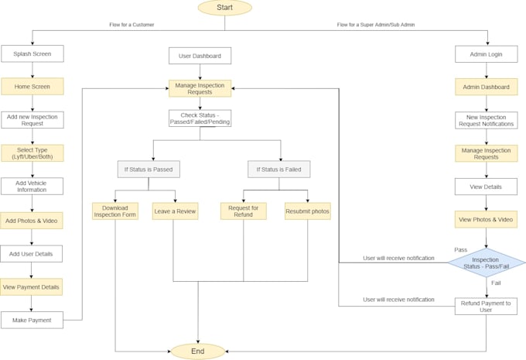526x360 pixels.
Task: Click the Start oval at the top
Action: [x=224, y=8]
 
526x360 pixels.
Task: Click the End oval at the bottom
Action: [x=198, y=351]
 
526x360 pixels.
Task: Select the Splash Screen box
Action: [x=32, y=53]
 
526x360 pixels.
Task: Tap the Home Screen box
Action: [x=32, y=87]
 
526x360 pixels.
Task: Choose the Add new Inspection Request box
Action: [x=32, y=119]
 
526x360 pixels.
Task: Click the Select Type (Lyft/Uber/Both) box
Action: [x=32, y=153]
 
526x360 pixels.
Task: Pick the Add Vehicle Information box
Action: [x=32, y=187]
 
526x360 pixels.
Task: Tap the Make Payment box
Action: [x=32, y=320]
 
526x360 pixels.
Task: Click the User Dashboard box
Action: [x=200, y=56]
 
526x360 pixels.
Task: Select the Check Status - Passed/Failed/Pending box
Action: [x=200, y=118]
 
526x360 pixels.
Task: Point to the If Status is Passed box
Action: [x=148, y=169]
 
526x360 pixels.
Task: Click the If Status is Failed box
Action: [x=278, y=169]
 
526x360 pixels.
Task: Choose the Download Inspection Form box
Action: [x=115, y=211]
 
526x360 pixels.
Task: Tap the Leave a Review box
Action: [x=175, y=211]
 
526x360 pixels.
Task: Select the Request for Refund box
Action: [x=244, y=211]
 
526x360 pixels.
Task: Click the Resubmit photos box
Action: [x=307, y=211]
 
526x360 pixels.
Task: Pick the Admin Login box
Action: [x=486, y=53]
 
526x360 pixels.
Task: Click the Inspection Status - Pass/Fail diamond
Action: [x=486, y=263]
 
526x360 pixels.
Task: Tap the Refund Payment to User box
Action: [x=486, y=307]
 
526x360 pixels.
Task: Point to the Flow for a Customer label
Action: [x=131, y=25]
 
